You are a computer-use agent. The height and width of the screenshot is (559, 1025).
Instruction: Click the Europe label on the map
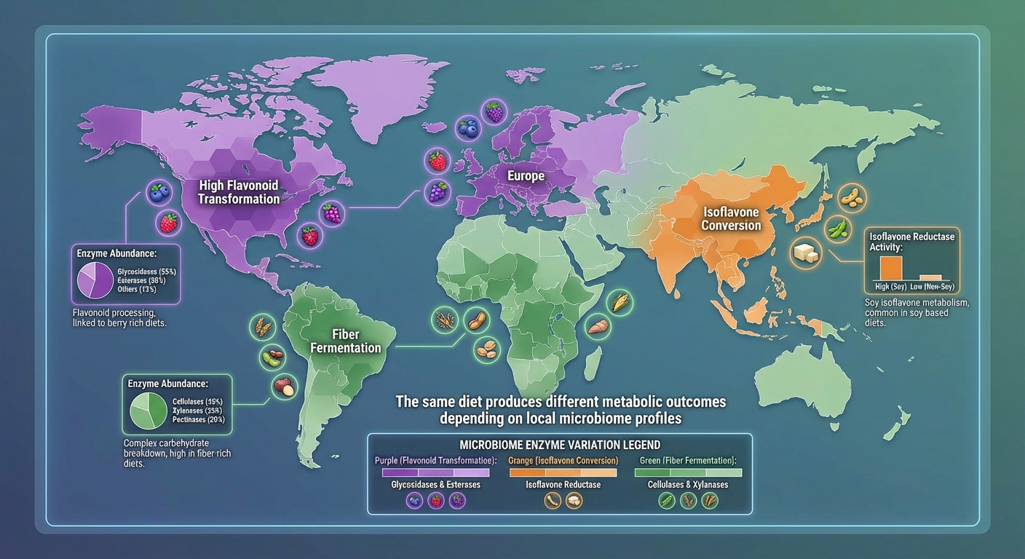click(x=526, y=176)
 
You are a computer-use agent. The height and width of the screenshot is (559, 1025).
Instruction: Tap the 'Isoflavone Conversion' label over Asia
click(x=731, y=218)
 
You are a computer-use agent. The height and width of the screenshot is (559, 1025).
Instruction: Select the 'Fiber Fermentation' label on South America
click(x=346, y=341)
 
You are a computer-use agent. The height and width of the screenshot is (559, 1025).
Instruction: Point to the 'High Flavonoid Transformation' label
click(x=239, y=192)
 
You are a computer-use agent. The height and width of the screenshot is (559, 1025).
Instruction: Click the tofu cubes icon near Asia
click(x=806, y=252)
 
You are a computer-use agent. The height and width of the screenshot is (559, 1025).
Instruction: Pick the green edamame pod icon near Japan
click(x=839, y=229)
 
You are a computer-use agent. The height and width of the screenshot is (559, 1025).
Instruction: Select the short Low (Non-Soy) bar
click(x=930, y=277)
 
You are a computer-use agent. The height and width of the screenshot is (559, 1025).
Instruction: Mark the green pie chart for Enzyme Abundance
click(x=148, y=410)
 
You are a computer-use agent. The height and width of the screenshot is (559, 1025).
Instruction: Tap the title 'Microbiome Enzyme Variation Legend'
click(x=559, y=445)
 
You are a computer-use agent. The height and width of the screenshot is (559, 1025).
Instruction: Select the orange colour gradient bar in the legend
click(x=562, y=472)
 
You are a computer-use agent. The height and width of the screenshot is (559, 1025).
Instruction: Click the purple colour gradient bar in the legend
click(x=435, y=472)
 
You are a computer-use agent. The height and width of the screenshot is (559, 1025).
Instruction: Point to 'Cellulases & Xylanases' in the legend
click(x=688, y=485)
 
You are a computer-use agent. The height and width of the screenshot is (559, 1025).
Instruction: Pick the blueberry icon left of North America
click(x=158, y=193)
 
